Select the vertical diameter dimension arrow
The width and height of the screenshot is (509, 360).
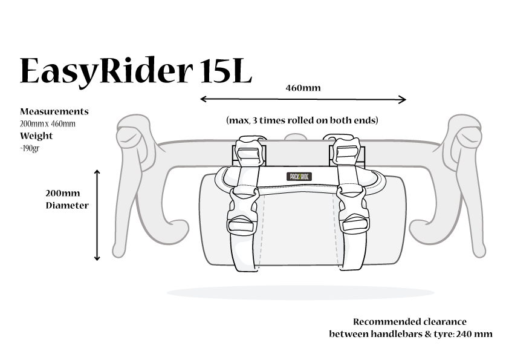point(97,215)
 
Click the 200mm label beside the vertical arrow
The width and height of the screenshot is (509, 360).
point(62,194)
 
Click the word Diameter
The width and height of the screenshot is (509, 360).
point(67,205)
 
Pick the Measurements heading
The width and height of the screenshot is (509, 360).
point(54,111)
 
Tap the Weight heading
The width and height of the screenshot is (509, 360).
point(36,136)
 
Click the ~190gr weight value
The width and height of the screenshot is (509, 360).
point(30,148)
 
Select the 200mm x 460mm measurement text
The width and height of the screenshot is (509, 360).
point(48,123)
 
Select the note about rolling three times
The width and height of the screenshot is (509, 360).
point(302,120)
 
